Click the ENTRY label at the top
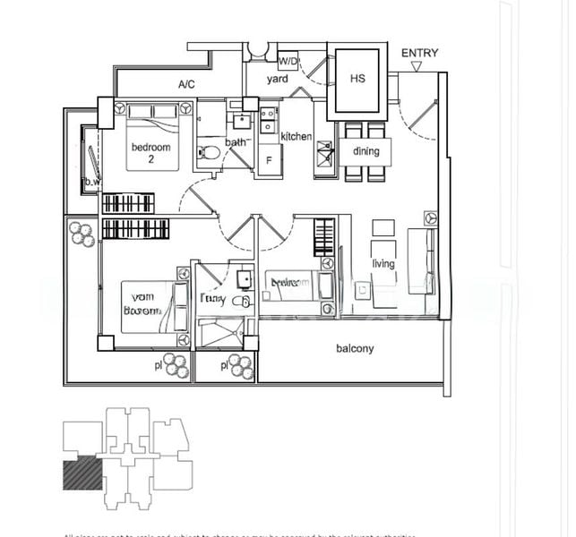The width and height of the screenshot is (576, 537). click(x=419, y=53)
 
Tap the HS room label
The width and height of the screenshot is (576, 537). click(x=357, y=79)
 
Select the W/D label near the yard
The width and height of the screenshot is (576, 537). click(x=288, y=61)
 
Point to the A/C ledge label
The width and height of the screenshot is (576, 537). click(x=186, y=84)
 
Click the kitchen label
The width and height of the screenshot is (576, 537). click(x=296, y=136)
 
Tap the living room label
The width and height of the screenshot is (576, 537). click(x=383, y=263)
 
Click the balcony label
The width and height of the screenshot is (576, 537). click(x=355, y=348)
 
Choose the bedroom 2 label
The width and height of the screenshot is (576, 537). click(x=150, y=153)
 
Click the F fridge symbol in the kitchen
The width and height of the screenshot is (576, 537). click(x=269, y=161)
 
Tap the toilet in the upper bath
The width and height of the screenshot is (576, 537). click(x=208, y=152)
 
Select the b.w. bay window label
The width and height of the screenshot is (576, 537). click(x=90, y=183)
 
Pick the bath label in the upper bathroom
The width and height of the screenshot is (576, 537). click(x=237, y=142)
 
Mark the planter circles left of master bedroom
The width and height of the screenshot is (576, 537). click(x=82, y=234)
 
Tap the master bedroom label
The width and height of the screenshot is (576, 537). click(x=143, y=304)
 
